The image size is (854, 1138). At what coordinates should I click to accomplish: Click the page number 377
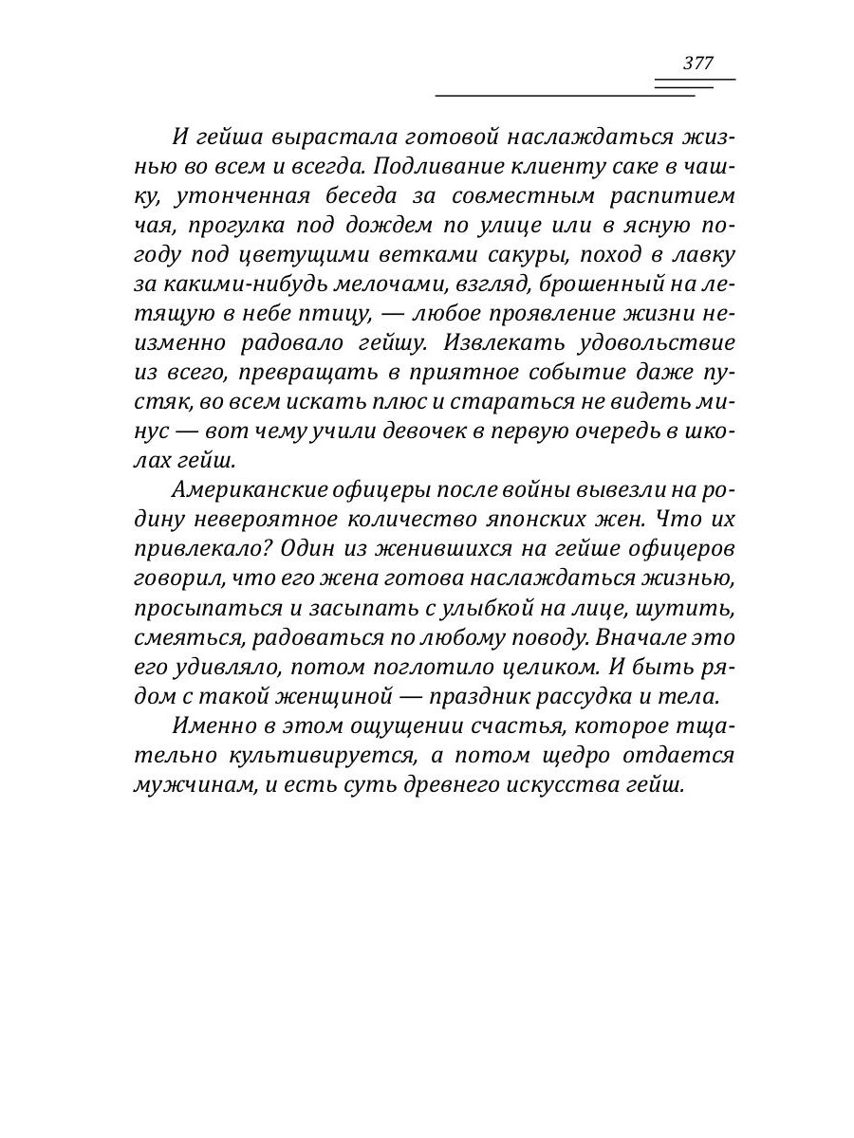[697, 64]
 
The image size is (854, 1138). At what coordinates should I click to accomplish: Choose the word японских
[513, 520]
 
